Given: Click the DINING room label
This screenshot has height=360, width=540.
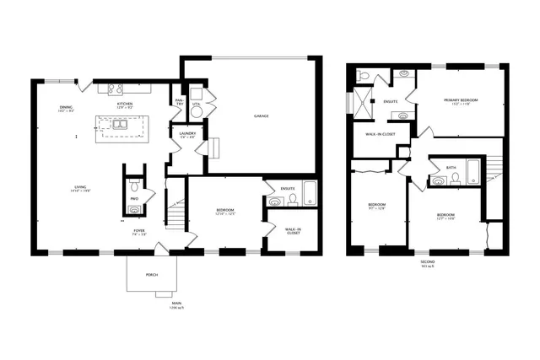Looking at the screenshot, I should pos(66,107).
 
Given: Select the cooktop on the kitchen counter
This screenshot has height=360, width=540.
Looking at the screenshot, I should pos(116,89).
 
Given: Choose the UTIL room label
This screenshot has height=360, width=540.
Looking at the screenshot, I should pos(196,105).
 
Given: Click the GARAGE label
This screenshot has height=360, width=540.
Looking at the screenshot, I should pos(262,116).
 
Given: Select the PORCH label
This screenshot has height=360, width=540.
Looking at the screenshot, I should pos(152,274).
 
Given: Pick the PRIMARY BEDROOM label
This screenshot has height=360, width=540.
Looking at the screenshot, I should pos(462,100).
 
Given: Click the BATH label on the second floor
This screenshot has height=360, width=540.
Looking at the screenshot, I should pos(451,167).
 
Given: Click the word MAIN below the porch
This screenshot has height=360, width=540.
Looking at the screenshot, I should pos(176,303).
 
